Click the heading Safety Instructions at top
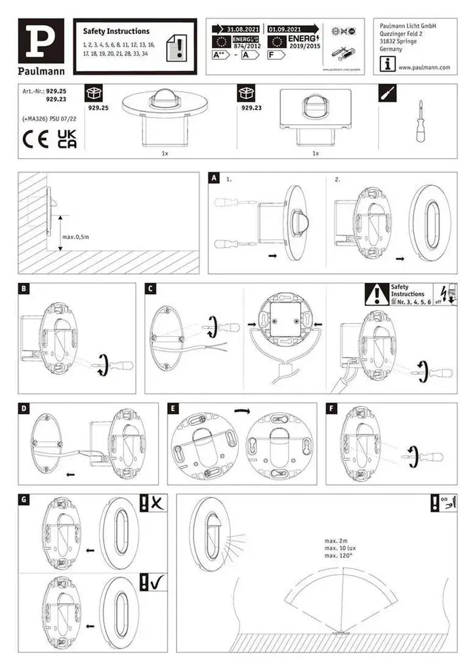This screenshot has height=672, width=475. coord(116,31)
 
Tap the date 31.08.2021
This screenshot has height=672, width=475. coord(243,30)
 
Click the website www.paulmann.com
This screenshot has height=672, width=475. coord(423,68)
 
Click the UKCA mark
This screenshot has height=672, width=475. coord(67,139)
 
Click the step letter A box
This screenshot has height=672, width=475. coord(214,178)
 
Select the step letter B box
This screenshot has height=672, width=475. coord(24,289)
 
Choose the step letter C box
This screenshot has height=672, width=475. coord(150,289)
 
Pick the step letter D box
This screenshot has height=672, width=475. coord(24,408)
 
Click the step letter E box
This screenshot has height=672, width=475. coord(173,408)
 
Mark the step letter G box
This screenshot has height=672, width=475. coord(24,500)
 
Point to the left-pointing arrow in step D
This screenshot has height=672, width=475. coord(70,472)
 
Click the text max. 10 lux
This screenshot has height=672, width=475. coord(340,547)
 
